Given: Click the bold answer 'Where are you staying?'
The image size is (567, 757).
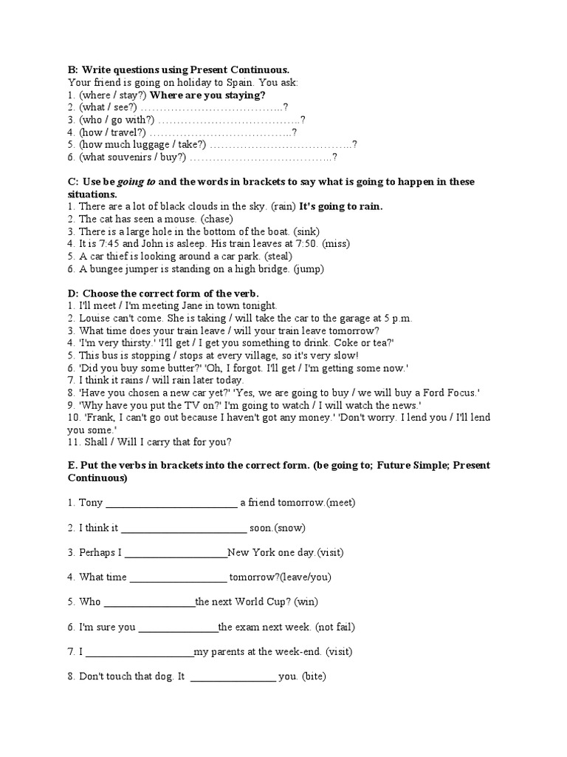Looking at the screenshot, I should point(207,95).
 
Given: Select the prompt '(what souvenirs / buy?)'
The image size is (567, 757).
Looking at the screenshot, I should point(132,157).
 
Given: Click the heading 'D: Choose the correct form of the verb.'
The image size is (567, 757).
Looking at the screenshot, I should point(163,293).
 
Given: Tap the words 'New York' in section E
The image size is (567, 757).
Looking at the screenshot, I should point(250,552).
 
